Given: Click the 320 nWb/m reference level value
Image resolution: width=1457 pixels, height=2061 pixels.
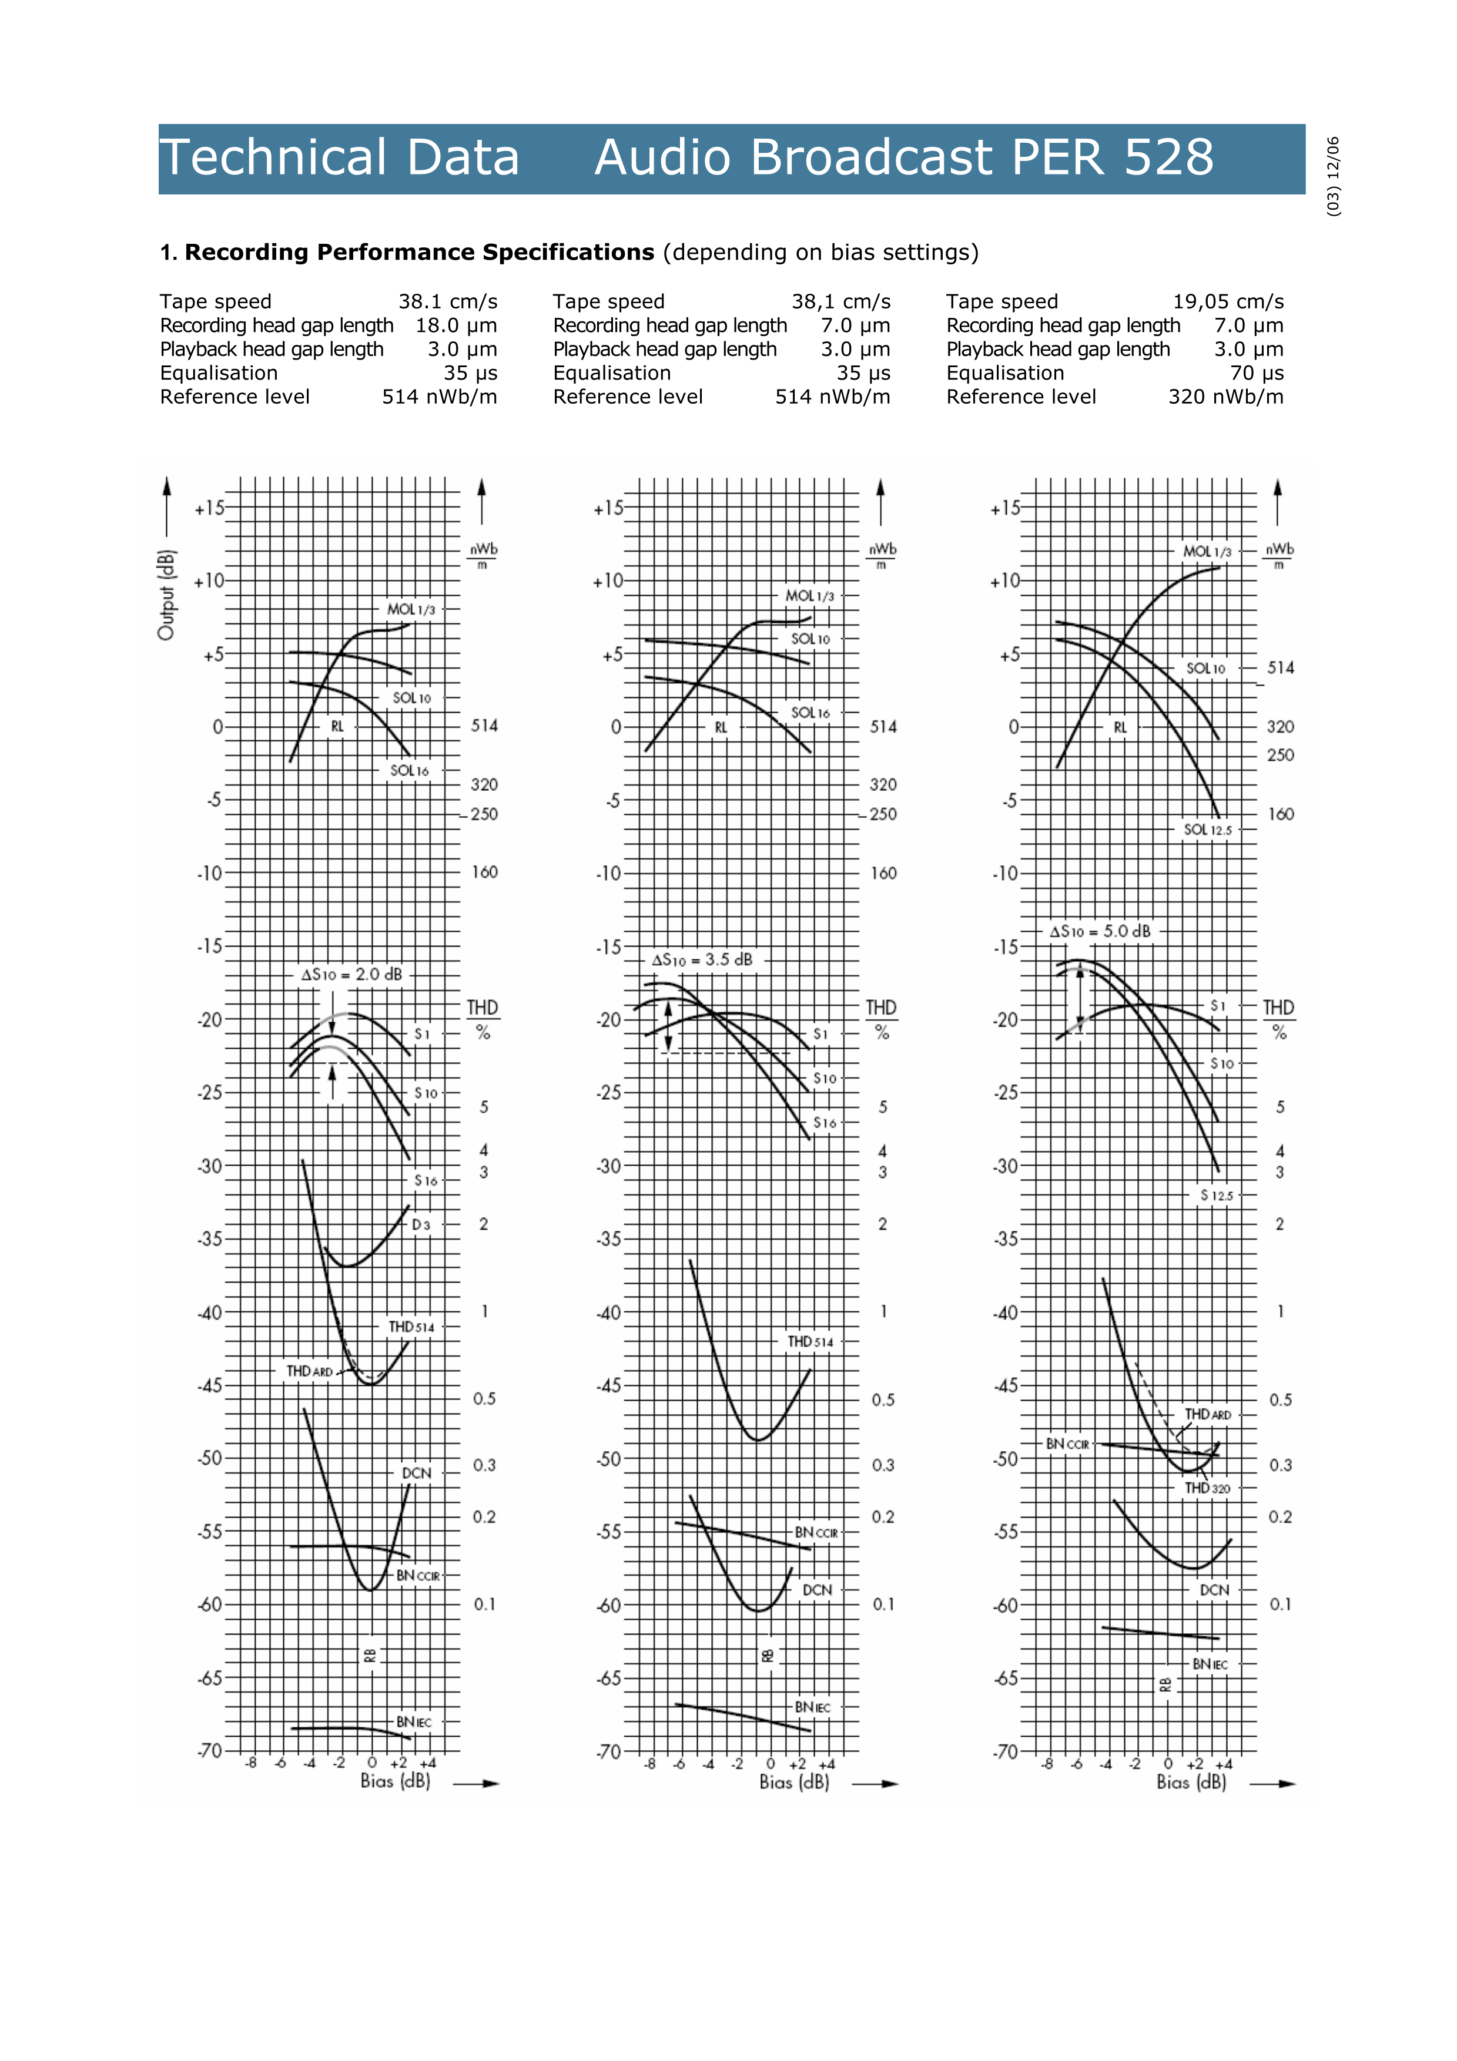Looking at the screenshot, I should click(1225, 397).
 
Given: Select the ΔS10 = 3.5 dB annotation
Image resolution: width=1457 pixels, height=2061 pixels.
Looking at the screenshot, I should click(702, 959).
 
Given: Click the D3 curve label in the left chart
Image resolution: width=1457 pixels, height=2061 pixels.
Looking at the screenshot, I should click(421, 1224).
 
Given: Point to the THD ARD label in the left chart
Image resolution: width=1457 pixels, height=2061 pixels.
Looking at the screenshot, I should click(309, 1371).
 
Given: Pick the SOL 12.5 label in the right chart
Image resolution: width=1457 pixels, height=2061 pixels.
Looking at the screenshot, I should click(1207, 830).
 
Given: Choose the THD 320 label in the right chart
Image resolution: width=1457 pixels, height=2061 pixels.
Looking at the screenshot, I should click(1207, 1488).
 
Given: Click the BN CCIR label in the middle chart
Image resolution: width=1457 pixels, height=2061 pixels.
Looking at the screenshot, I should click(816, 1532).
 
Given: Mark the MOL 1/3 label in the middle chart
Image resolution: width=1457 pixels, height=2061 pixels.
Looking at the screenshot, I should click(809, 596).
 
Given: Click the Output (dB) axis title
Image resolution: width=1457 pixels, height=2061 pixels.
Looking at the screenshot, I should click(166, 594).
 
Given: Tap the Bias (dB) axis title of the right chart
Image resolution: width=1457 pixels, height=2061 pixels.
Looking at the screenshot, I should click(1191, 1782).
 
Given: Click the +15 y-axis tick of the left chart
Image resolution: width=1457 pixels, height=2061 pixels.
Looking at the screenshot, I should click(209, 508).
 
